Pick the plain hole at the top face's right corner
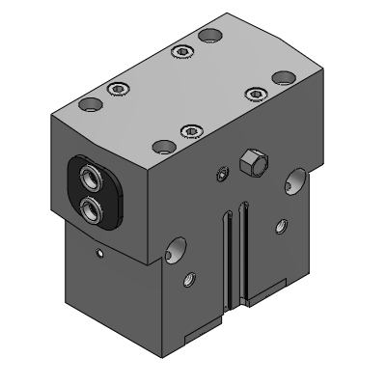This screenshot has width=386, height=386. (x=283, y=76)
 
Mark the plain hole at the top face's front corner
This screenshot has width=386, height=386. (x=163, y=147)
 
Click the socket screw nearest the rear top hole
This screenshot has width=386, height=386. (x=180, y=50)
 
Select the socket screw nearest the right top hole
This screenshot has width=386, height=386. (x=254, y=92)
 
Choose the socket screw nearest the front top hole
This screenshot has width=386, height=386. (x=190, y=130)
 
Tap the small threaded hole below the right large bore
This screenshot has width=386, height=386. (x=281, y=228)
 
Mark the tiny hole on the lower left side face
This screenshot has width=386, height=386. (x=100, y=254)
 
